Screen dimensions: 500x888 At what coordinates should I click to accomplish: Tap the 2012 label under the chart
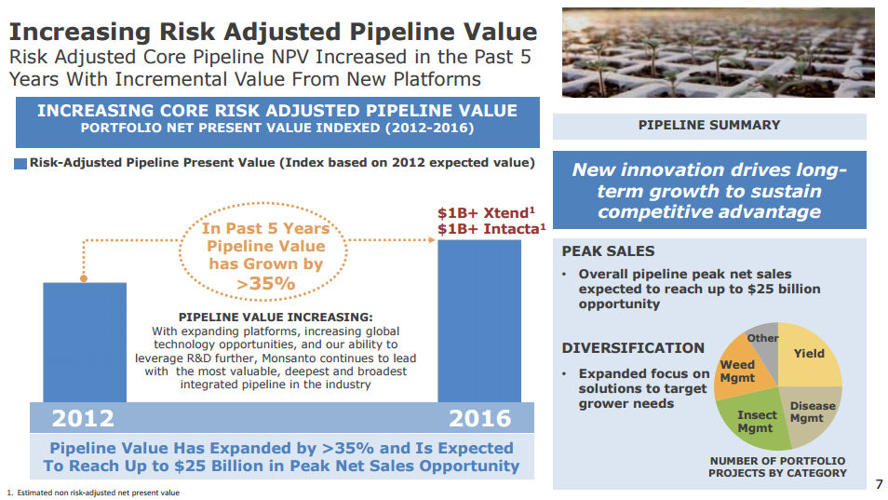(x=83, y=417)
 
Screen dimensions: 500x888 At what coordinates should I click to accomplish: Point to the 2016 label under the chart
(x=479, y=417)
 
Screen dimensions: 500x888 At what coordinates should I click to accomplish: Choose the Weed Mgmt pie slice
(x=738, y=372)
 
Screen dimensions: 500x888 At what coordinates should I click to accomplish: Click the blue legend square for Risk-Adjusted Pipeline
(x=20, y=163)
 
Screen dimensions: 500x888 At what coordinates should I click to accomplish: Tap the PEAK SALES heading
(x=608, y=251)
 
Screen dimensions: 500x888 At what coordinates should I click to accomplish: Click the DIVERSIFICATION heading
(x=633, y=348)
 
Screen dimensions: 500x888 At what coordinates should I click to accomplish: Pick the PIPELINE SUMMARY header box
(x=709, y=126)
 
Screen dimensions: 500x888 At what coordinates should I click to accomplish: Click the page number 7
(x=878, y=483)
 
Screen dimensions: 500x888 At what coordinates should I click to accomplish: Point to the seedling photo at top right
(x=718, y=51)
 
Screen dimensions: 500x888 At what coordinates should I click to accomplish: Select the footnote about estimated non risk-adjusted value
(x=93, y=493)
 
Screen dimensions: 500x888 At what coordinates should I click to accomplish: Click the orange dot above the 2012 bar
(x=84, y=277)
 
